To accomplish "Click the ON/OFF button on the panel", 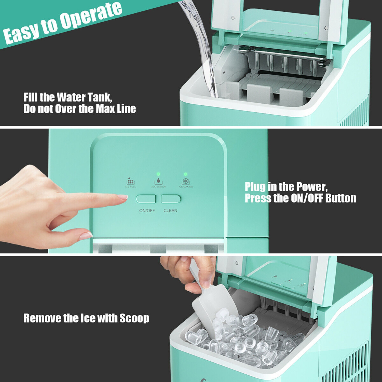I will [x=145, y=199].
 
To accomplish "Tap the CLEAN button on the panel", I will [x=171, y=199].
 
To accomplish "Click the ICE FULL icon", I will [x=130, y=181].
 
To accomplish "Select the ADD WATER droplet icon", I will [x=158, y=181].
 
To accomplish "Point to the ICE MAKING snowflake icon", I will [x=186, y=182].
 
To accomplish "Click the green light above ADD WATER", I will [x=158, y=174].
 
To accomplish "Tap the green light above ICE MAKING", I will [x=185, y=174].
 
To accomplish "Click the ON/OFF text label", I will [x=147, y=211].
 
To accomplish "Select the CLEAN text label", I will [x=170, y=211].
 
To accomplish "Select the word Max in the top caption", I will [x=105, y=109].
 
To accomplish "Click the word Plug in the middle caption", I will [x=255, y=187].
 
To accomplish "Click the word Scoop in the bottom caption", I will [x=134, y=318].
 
